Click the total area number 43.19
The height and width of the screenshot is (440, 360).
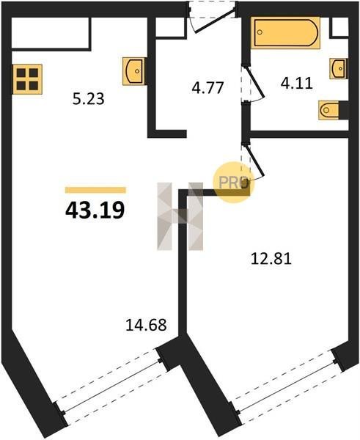click(x=95, y=210)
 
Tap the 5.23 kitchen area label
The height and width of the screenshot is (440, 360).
click(x=89, y=99)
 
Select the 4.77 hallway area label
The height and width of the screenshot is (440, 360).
click(x=207, y=87)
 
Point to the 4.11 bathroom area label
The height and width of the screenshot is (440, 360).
click(x=297, y=84)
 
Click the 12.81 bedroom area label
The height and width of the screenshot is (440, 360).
click(x=271, y=258)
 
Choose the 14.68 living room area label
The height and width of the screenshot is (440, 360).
click(x=146, y=325)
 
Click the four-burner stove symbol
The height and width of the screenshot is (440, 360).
click(x=27, y=79)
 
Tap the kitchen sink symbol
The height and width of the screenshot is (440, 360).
click(x=134, y=71)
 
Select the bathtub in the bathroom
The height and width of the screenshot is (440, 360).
click(x=285, y=33)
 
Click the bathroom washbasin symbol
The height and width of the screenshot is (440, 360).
click(x=339, y=68)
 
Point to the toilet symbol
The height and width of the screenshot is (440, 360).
click(x=330, y=110)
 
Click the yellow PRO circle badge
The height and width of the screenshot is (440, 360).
click(x=233, y=183)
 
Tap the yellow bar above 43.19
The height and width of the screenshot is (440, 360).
click(x=95, y=190)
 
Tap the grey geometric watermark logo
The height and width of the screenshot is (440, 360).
click(x=180, y=216)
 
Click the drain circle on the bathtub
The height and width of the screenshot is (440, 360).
click(x=260, y=32)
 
